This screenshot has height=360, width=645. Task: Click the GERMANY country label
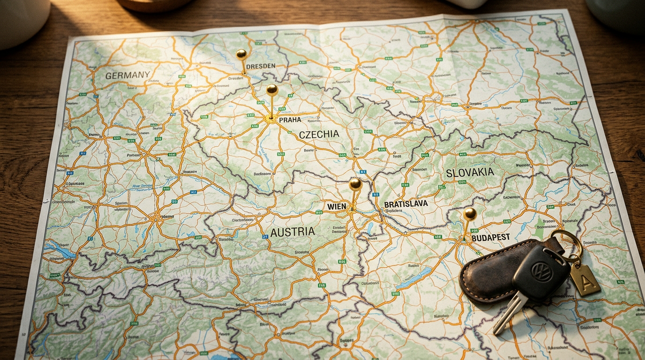(127, 75)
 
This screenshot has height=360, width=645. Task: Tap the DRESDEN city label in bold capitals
(260, 66)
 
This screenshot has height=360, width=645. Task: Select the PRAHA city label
(290, 120)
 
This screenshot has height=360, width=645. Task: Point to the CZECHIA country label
(319, 135)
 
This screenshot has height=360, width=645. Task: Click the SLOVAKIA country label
(470, 172)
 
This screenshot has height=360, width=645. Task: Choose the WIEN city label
(337, 206)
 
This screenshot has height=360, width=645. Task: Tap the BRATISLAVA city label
(405, 204)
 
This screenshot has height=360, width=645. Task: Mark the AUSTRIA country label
(292, 232)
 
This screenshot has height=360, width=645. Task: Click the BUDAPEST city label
(490, 238)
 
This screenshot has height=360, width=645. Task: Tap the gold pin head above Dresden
(241, 54)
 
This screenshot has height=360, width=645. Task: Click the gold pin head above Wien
(355, 183)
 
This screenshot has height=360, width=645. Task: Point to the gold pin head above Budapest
(470, 214)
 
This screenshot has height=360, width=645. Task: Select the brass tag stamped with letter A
(585, 279)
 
